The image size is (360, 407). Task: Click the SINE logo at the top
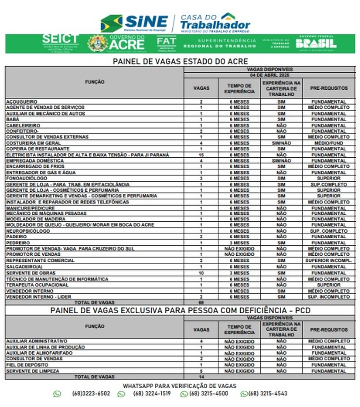point(134,23)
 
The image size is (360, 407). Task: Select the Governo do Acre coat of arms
point(97,43)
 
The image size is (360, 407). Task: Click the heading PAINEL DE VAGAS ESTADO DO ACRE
point(180,61)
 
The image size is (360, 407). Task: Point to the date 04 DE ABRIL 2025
point(269,75)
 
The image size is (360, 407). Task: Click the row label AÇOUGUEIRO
point(22,101)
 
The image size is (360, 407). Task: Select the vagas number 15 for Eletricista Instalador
point(201,155)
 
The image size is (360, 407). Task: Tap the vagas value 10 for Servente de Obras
point(201,273)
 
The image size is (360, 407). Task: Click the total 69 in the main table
point(201,303)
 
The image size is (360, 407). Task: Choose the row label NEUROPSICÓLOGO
point(28,231)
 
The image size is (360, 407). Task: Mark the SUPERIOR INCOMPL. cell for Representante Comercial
point(329,261)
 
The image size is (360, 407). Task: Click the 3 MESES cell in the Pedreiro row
point(239,243)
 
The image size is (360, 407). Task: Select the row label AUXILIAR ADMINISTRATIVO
point(37,341)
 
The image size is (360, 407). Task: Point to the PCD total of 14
point(201,377)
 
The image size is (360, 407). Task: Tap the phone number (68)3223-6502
point(91,394)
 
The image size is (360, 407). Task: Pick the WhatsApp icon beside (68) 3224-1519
point(121,394)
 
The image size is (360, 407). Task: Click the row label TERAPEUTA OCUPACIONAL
point(37,285)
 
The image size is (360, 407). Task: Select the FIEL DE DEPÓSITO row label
point(27,365)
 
